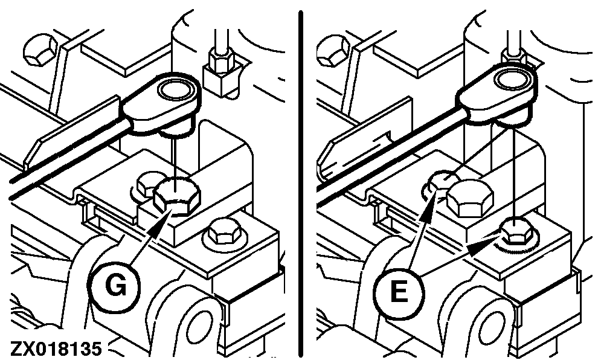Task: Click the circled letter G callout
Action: (x=115, y=286)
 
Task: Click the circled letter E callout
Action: (x=399, y=292)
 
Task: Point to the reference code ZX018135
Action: (x=56, y=349)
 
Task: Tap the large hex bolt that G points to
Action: (x=177, y=196)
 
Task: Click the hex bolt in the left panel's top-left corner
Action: (x=40, y=50)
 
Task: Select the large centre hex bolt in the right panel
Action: (x=471, y=199)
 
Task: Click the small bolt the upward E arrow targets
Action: (x=442, y=182)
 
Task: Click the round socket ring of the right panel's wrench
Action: (x=512, y=82)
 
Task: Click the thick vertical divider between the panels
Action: (x=301, y=184)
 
